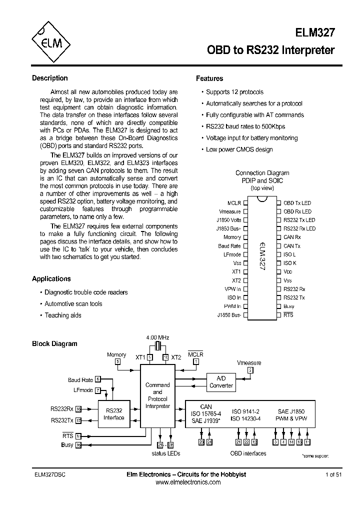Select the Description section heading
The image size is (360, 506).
(x=49, y=78)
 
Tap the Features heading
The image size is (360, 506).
(x=209, y=78)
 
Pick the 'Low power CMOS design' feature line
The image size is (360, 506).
(x=239, y=149)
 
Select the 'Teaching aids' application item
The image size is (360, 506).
(x=63, y=315)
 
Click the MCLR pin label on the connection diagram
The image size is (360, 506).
(x=234, y=203)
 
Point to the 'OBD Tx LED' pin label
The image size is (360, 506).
(x=297, y=203)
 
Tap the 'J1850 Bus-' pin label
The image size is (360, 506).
(x=229, y=315)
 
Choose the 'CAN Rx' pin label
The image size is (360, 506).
(x=292, y=237)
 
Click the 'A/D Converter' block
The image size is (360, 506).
(x=221, y=382)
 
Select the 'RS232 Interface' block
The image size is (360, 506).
(x=113, y=414)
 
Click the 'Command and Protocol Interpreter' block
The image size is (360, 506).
(x=157, y=395)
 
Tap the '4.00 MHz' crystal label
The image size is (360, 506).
(x=157, y=338)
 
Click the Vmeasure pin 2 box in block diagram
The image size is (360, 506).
(x=250, y=370)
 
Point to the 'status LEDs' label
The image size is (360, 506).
(x=165, y=453)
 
